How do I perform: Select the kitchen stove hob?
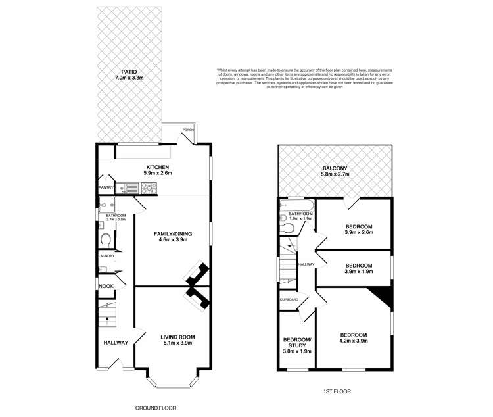tap(149, 189)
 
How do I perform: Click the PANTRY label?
tap(106, 188)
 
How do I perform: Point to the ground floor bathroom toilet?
tap(106, 239)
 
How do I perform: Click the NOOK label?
tap(105, 286)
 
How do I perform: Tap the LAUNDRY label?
tap(106, 256)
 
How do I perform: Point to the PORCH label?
tap(188, 130)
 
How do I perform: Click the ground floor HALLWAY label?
tap(115, 343)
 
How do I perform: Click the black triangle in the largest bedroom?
tap(383, 296)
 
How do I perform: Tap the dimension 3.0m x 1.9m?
tap(296, 351)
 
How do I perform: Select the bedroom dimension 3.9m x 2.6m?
tap(360, 232)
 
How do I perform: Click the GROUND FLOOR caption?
tap(155, 408)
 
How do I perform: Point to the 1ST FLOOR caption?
tap(337, 391)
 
